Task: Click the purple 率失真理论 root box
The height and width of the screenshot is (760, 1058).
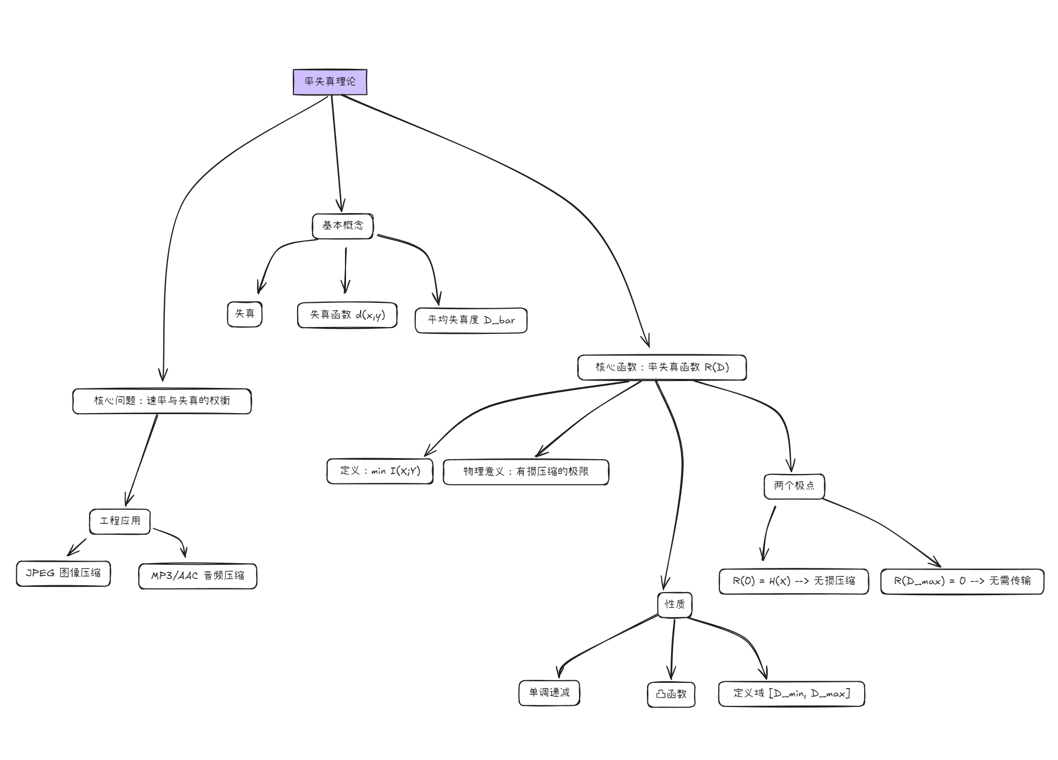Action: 330,82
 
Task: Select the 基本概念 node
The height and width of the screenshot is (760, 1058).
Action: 342,226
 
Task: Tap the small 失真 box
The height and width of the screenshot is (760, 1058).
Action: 245,314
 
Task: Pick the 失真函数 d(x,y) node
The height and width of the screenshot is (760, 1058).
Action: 347,315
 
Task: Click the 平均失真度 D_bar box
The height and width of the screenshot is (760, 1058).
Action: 471,320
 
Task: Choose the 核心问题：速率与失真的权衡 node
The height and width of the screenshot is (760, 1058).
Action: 162,401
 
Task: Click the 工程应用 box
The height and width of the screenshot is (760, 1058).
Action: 120,521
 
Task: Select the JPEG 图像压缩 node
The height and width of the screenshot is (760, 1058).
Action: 64,573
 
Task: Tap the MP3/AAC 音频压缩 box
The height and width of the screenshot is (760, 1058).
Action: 197,576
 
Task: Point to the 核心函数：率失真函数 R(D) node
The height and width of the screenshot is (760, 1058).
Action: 662,367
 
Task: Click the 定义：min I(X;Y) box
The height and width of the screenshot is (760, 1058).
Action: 380,471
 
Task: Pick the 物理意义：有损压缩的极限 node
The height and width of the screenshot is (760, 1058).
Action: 526,472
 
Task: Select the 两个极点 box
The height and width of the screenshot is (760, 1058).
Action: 794,486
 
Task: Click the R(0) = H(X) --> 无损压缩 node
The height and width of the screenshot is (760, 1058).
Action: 794,581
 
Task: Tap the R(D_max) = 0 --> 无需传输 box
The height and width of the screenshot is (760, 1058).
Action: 962,581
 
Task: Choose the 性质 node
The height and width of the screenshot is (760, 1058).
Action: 675,605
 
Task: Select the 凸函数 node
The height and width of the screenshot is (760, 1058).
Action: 671,694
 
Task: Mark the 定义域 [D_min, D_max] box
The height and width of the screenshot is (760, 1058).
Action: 791,694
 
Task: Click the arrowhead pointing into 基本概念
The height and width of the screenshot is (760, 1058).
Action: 342,210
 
